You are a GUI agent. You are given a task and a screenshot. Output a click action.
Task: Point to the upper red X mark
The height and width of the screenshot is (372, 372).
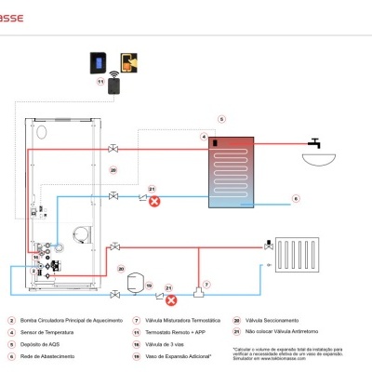pos(154,200)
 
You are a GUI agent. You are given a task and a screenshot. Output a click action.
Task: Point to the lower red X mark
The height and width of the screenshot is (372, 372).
pos(170,300)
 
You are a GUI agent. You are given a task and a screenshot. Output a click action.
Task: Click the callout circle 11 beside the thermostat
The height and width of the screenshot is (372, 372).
pos(100,82)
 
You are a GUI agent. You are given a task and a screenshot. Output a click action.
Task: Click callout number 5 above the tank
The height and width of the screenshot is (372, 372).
pos(221,119)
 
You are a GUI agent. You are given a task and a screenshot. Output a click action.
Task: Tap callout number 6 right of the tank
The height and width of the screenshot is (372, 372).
pos(296,198)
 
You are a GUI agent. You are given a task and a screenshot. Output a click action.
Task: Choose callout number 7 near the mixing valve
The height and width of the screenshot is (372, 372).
pos(206,283)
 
